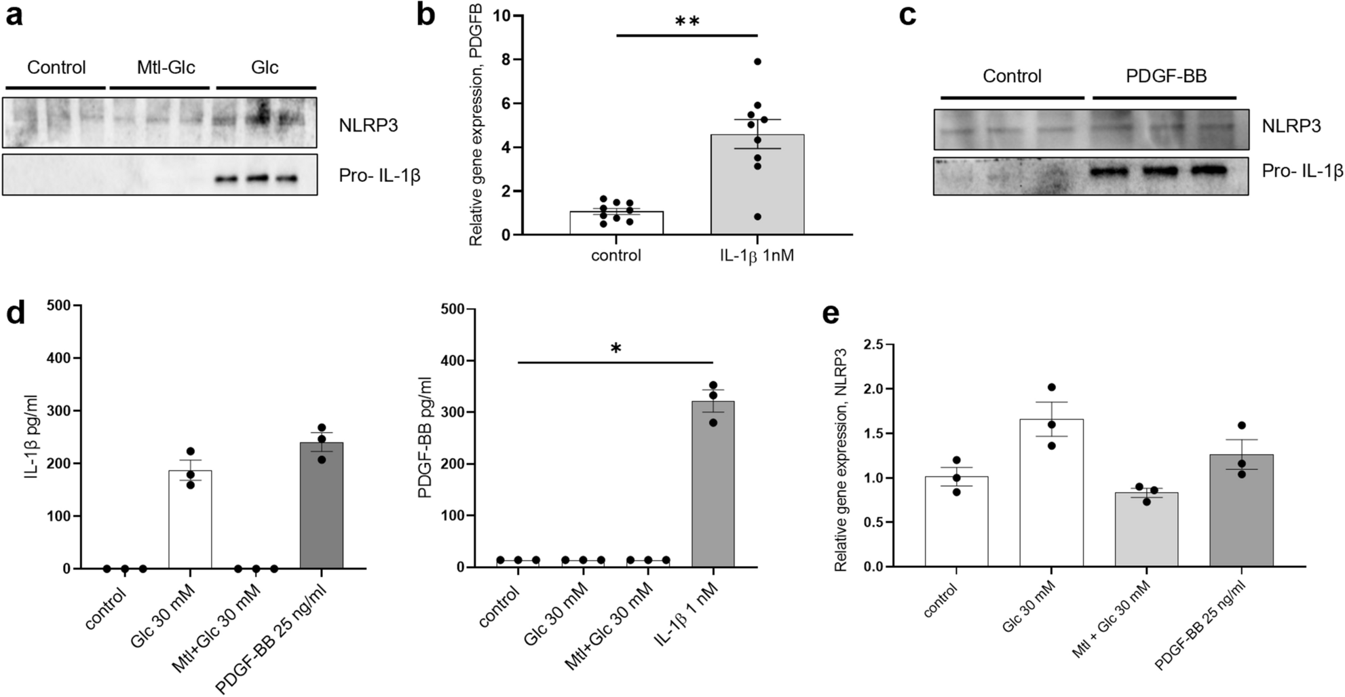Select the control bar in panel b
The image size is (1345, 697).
point(616,223)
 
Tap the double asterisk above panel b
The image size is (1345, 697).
point(687,21)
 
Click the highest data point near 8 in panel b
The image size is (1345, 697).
point(757,62)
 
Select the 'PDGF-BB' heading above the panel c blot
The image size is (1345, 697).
point(1166,76)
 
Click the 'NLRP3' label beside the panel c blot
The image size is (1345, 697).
point(1291,126)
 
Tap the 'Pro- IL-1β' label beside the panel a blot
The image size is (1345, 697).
point(379,176)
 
